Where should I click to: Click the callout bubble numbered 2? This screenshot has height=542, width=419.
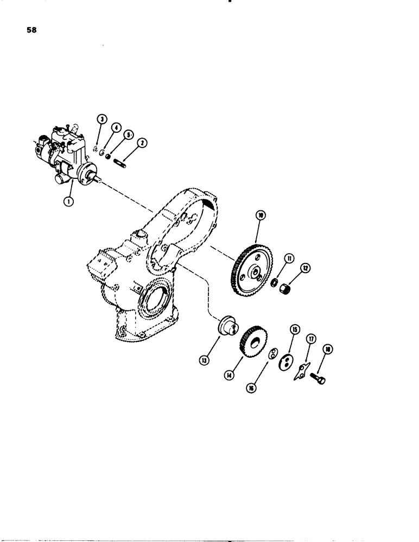point(142,143)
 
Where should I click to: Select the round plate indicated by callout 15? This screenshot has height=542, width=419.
point(283,362)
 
